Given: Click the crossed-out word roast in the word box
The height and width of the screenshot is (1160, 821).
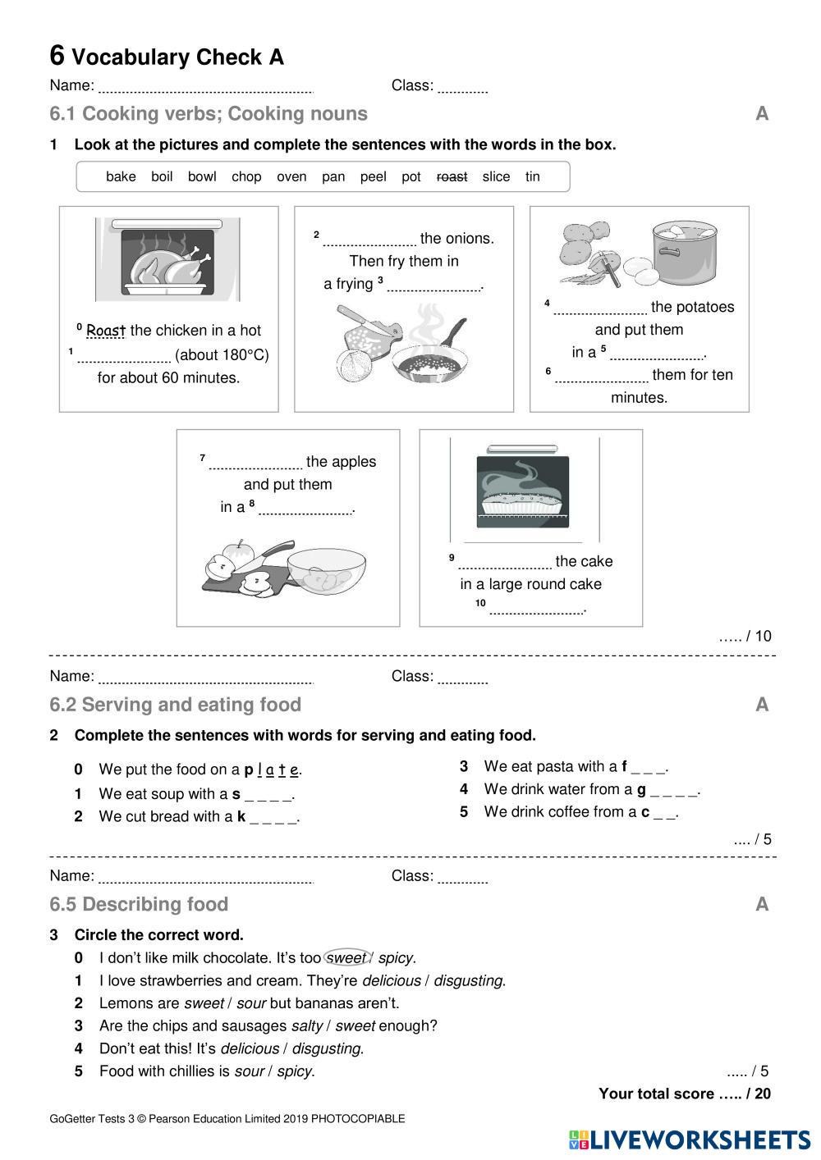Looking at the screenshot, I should (452, 176).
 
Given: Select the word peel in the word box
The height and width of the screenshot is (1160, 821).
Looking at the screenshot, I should (373, 176).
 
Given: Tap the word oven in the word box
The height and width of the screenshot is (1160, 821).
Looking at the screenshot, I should (291, 176).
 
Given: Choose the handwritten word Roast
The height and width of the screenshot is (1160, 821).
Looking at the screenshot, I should (106, 331).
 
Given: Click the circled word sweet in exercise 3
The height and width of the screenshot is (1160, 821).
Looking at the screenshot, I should (346, 957).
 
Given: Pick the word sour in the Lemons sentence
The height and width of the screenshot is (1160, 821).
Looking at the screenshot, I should (250, 1002).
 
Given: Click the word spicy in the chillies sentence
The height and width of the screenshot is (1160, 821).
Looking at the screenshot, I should (295, 1071).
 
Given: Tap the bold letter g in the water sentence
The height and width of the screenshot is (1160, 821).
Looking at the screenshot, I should (641, 789).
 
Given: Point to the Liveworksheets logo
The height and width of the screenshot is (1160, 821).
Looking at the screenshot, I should (689, 1139).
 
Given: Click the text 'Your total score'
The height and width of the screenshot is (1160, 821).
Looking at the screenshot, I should (656, 1094).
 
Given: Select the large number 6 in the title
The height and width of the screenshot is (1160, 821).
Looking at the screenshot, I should (57, 56).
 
